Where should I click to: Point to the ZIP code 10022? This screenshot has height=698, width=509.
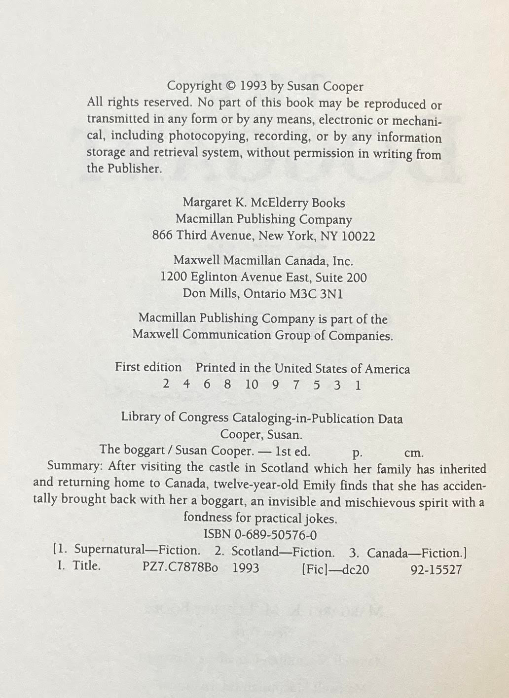(358, 236)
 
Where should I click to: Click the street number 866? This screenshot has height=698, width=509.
(162, 236)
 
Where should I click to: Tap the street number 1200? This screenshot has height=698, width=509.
(172, 278)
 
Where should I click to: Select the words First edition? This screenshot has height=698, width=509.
(148, 368)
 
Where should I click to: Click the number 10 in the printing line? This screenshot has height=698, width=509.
(252, 385)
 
